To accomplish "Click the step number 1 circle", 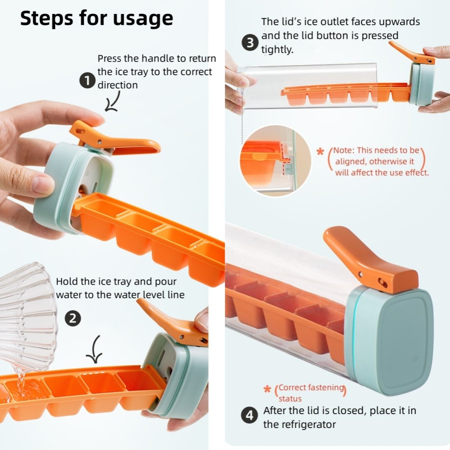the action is (87, 81).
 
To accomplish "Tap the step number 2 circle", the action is (73, 319).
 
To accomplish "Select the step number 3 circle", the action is (250, 42).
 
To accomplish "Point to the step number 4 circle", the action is (250, 415).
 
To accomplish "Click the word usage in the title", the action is (143, 19).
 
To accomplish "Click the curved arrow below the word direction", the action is (112, 101).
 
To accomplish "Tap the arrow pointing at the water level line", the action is (95, 349).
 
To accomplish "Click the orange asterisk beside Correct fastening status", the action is (267, 389).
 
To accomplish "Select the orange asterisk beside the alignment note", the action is (320, 151).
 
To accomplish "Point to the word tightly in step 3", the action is (277, 49).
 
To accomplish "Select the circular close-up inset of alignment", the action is (275, 161).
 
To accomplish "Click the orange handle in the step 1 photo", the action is (112, 139).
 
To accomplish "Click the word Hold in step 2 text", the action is (67, 281).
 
